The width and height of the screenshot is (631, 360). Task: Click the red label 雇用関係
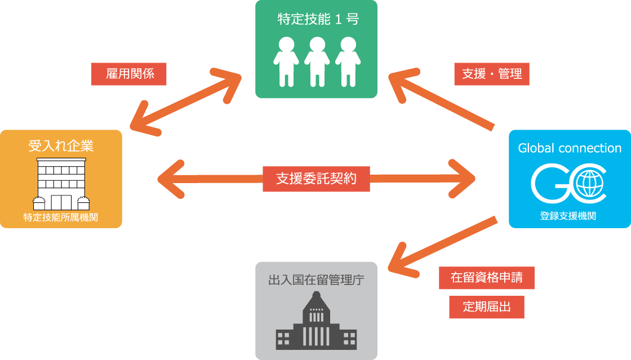tap(129, 74)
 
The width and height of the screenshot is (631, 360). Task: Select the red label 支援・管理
tap(491, 74)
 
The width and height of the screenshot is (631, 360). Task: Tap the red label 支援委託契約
tap(316, 179)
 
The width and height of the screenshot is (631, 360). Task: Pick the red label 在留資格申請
tap(486, 278)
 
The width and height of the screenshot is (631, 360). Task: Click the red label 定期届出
tap(486, 307)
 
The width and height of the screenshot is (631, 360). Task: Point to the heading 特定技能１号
tap(318, 19)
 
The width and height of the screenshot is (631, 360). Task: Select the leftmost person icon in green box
tap(286, 61)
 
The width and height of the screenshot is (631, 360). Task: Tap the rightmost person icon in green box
tap(347, 61)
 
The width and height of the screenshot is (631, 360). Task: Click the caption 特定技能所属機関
tap(61, 217)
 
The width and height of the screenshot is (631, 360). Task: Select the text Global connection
tap(570, 148)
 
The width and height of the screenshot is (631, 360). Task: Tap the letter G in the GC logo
tap(549, 184)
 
